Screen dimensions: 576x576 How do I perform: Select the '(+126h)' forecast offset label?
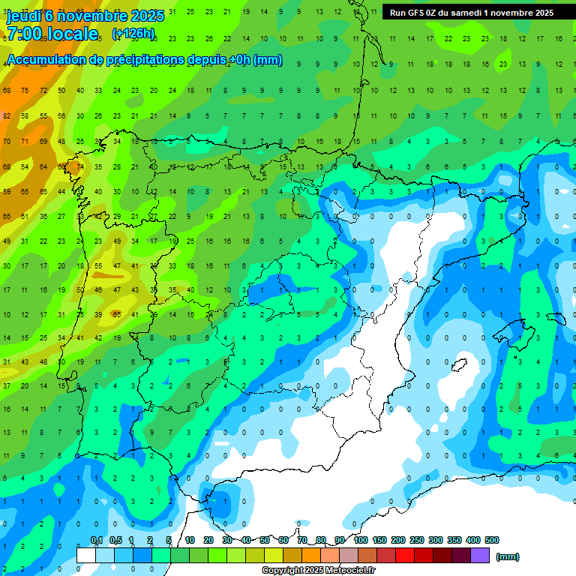point(133,34)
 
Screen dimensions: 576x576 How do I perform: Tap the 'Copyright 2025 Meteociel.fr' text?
point(318,571)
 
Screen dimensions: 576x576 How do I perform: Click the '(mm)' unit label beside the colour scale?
point(507,556)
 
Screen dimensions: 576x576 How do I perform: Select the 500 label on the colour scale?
point(491,540)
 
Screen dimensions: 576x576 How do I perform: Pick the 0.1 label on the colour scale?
point(97,540)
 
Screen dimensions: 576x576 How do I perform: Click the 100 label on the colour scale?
point(360,540)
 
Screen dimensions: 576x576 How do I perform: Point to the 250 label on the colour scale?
point(417,540)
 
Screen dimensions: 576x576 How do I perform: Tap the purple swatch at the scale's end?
point(480,556)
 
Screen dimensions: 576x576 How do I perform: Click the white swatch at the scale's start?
point(86,556)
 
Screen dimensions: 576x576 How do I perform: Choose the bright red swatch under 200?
point(405,556)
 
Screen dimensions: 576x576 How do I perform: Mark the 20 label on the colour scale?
point(208,540)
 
